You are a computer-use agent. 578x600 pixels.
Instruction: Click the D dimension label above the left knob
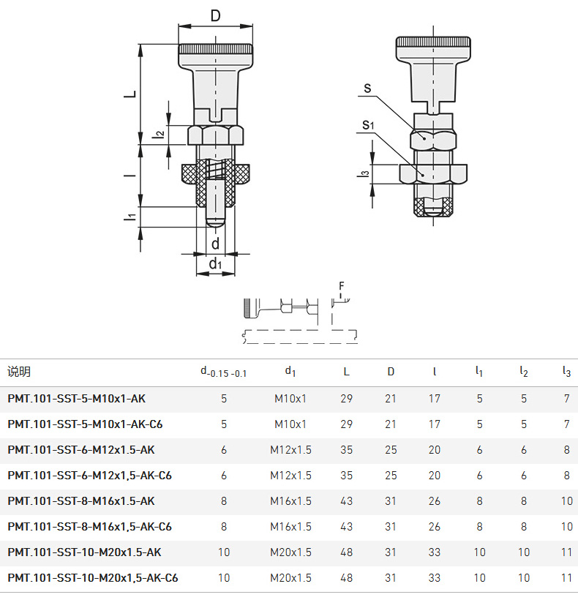click(215, 15)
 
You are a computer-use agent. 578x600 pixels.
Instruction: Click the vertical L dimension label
click(130, 94)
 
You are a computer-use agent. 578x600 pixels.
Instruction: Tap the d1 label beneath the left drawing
click(215, 263)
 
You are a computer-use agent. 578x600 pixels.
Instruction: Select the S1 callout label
click(368, 124)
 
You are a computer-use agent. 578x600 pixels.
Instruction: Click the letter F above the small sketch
click(342, 286)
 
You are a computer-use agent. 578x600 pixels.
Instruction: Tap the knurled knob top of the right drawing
click(433, 42)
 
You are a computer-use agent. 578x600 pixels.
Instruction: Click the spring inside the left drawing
click(215, 169)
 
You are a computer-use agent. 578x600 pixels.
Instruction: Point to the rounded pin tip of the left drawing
click(215, 222)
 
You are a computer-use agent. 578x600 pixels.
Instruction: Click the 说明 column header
click(19, 372)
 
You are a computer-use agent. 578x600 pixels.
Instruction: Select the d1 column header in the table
click(290, 371)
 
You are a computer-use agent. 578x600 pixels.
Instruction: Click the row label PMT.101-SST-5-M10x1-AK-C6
click(85, 424)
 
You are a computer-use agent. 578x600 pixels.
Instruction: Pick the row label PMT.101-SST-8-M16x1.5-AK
click(81, 501)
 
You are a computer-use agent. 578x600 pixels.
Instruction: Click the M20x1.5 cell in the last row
click(290, 578)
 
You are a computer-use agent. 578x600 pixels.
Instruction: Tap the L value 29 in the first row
click(346, 399)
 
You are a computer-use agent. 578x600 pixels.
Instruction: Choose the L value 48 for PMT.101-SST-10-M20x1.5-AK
click(346, 552)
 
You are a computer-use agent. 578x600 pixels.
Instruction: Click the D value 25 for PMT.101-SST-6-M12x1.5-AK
click(391, 450)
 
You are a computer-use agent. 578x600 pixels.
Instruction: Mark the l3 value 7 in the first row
click(566, 399)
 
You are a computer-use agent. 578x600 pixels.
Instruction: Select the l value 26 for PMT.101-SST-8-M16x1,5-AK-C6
click(434, 527)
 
